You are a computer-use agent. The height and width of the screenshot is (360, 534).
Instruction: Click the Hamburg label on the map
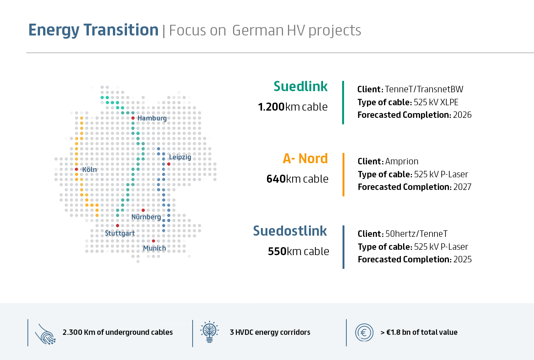click(x=152, y=118)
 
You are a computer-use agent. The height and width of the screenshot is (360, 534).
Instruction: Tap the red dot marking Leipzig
click(x=169, y=164)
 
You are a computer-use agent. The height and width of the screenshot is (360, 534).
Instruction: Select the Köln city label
click(x=89, y=169)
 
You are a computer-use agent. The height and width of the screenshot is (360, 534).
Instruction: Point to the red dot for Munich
click(x=153, y=241)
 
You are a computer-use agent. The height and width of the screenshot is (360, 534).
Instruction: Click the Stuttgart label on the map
click(x=120, y=233)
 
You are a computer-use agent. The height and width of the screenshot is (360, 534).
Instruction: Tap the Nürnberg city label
click(x=146, y=217)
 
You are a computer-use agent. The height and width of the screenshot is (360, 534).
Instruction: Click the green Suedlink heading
click(x=301, y=86)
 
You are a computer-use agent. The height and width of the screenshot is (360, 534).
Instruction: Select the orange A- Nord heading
click(x=305, y=158)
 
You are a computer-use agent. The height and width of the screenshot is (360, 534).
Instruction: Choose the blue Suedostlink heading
click(x=290, y=231)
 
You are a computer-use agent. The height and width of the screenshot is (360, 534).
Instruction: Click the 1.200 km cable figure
click(x=293, y=107)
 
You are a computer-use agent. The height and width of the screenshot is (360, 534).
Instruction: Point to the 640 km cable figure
click(x=297, y=179)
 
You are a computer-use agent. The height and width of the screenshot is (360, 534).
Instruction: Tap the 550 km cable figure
click(x=298, y=251)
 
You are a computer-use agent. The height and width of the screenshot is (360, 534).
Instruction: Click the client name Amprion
click(x=402, y=161)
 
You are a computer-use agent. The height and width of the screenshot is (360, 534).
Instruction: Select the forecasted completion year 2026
click(x=462, y=115)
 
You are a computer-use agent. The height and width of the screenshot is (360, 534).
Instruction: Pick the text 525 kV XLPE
click(x=436, y=102)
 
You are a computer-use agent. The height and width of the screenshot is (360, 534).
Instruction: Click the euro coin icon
click(x=364, y=332)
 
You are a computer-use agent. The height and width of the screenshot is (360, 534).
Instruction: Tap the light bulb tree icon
click(x=209, y=332)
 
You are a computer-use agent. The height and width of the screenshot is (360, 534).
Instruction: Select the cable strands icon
click(x=45, y=334)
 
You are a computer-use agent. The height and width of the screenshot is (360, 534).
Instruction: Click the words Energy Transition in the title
click(x=93, y=30)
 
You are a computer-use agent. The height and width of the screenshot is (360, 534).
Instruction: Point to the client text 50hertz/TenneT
click(x=417, y=234)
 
